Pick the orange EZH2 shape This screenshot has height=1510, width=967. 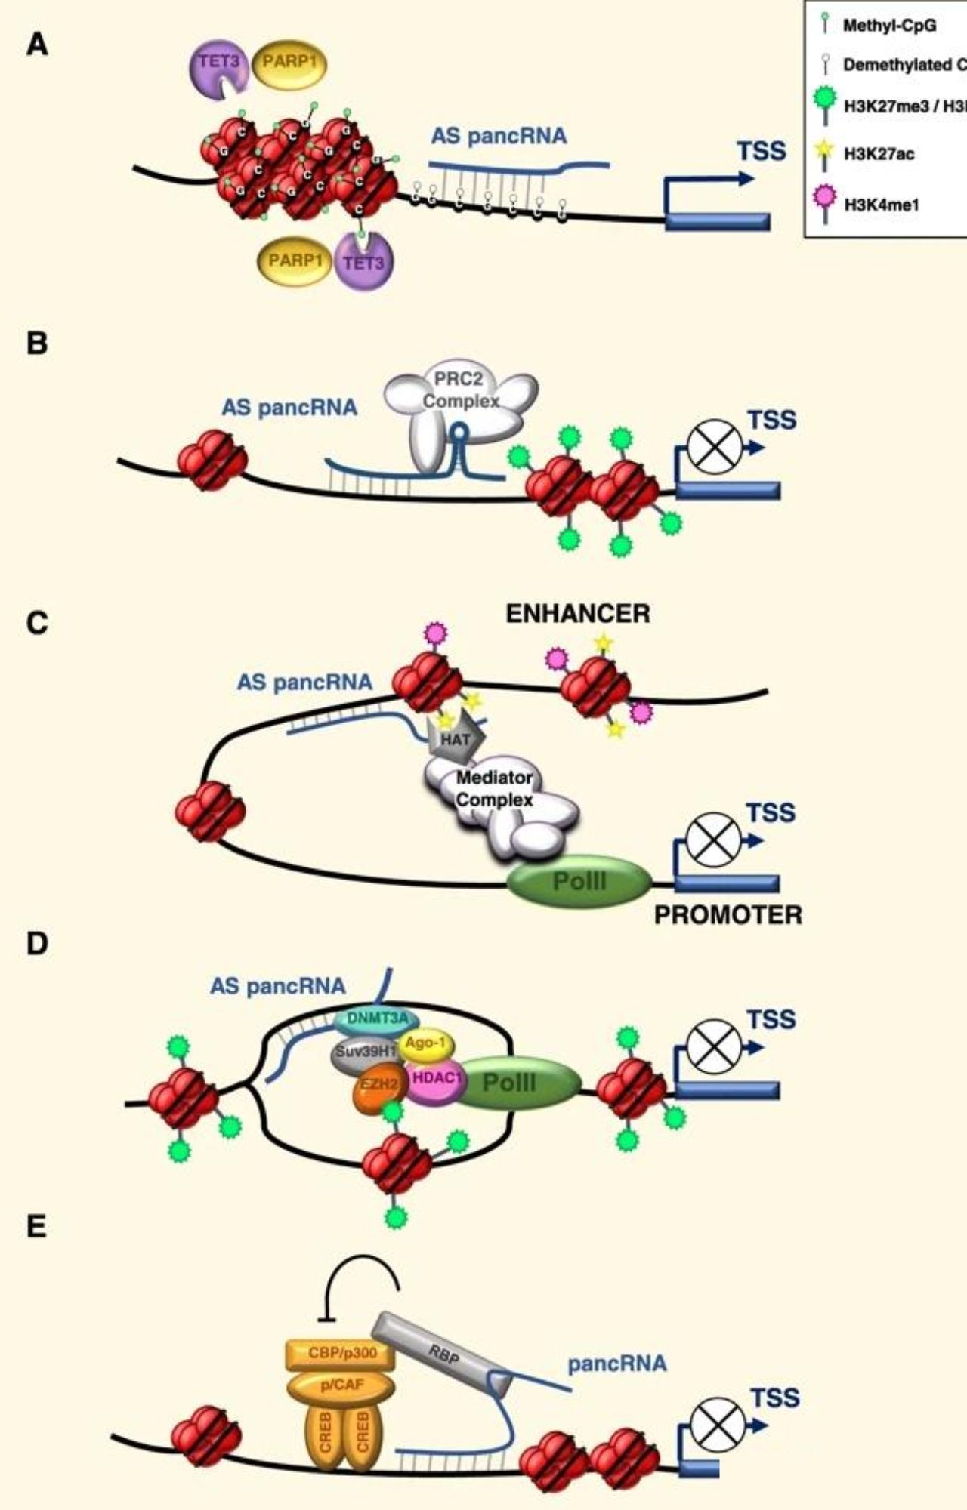pyautogui.click(x=380, y=1084)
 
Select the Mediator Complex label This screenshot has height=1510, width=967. pyautogui.click(x=495, y=788)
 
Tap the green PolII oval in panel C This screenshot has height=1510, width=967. pyautogui.click(x=579, y=881)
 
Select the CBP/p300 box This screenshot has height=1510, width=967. pyautogui.click(x=341, y=1354)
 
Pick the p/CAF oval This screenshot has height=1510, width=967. pyautogui.click(x=341, y=1385)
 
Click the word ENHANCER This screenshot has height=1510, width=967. pyautogui.click(x=577, y=614)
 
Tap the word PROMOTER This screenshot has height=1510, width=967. pyautogui.click(x=728, y=915)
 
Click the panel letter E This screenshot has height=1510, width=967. pyautogui.click(x=36, y=1227)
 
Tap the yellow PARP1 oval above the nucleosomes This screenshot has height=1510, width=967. pyautogui.click(x=289, y=63)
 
